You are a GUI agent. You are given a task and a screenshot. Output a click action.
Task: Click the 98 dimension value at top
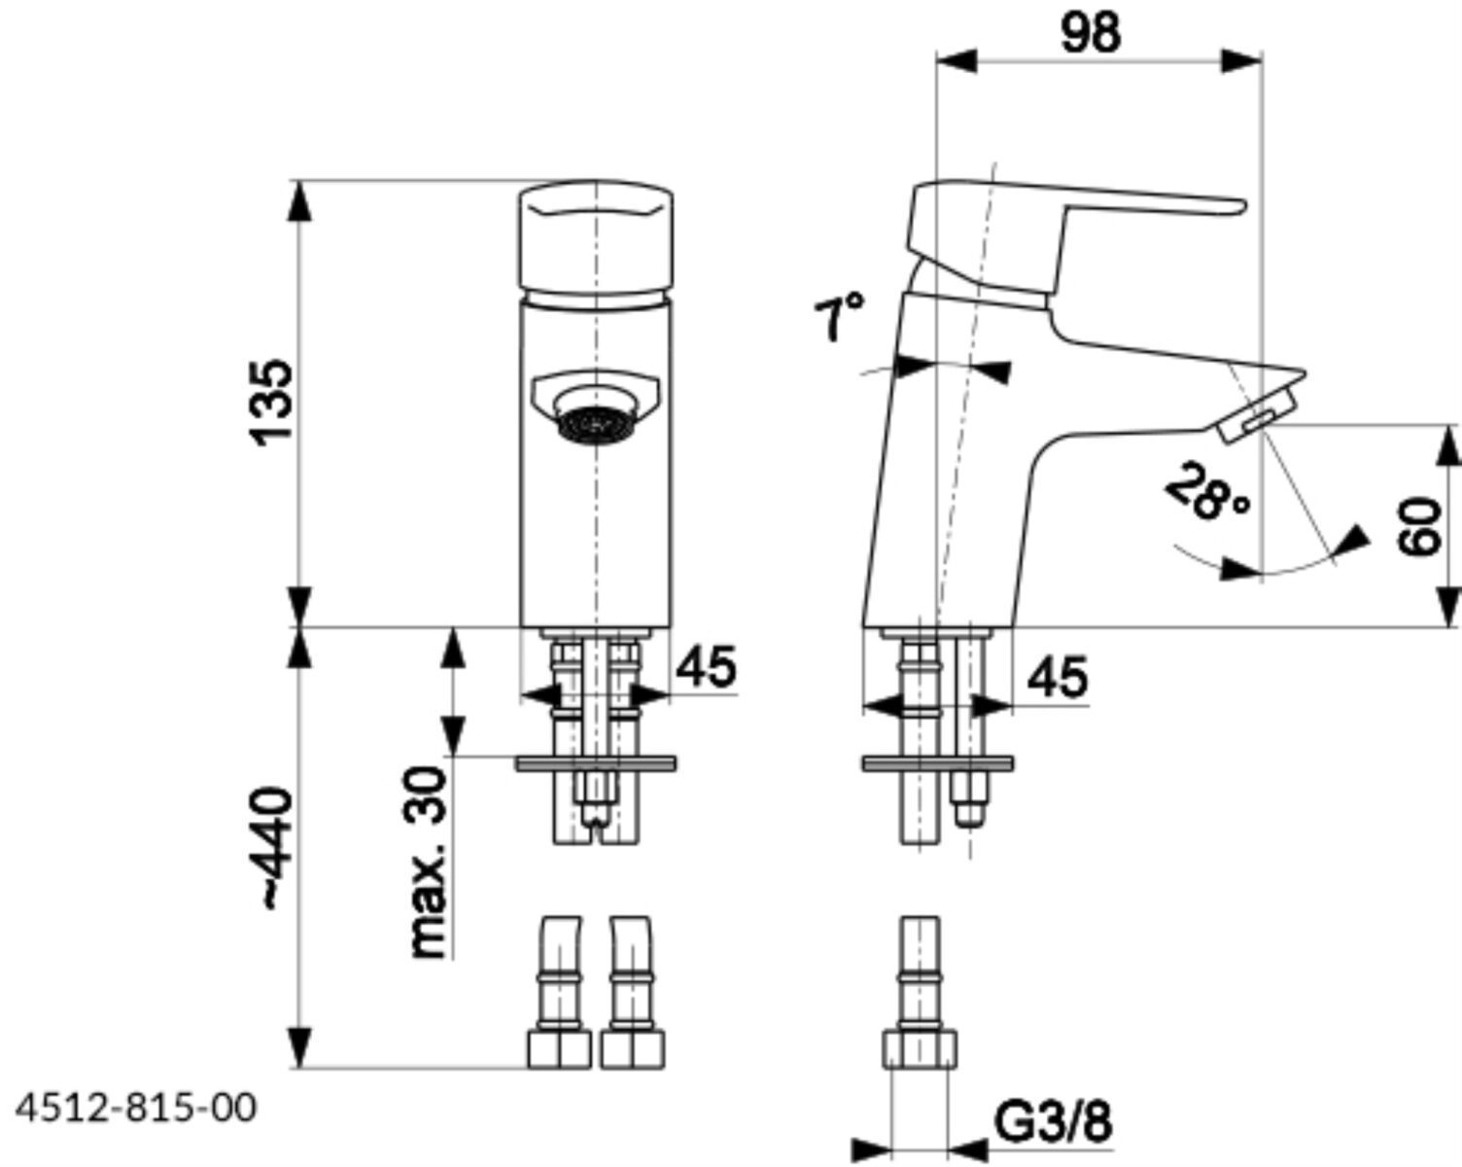click(x=1091, y=33)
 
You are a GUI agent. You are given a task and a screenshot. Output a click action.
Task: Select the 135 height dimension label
click(x=272, y=403)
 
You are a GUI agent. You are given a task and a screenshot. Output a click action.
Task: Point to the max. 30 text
click(x=428, y=862)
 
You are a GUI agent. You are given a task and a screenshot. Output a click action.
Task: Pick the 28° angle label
click(x=1207, y=492)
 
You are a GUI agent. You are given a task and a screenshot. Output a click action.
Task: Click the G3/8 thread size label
click(x=1053, y=1122)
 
